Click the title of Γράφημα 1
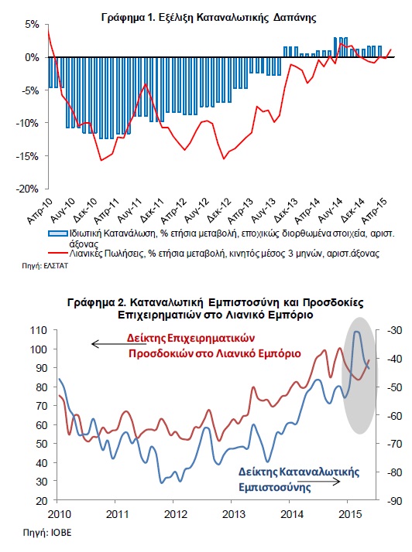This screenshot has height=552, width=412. coord(208,17)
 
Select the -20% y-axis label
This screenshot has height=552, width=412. coord(27,189)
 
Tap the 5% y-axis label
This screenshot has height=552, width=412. coord(32,24)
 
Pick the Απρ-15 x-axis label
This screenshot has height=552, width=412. coord(375,210)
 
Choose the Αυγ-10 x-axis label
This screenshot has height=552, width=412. coord(63,210)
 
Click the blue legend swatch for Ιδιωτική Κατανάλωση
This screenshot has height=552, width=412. coord(57,233)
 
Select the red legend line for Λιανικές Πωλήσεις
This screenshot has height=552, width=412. coord(57,253)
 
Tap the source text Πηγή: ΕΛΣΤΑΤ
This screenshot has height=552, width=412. coord(45,266)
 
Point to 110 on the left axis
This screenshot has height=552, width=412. coord(39,330)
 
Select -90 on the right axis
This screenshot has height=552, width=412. coord(394,501)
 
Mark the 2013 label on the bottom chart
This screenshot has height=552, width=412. coord(234,514)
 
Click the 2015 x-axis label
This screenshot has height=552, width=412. coord(350,514)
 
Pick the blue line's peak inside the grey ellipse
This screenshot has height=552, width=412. coord(356,331)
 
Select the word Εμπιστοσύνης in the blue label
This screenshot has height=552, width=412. coord(274,487)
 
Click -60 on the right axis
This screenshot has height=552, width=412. coord(394,415)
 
